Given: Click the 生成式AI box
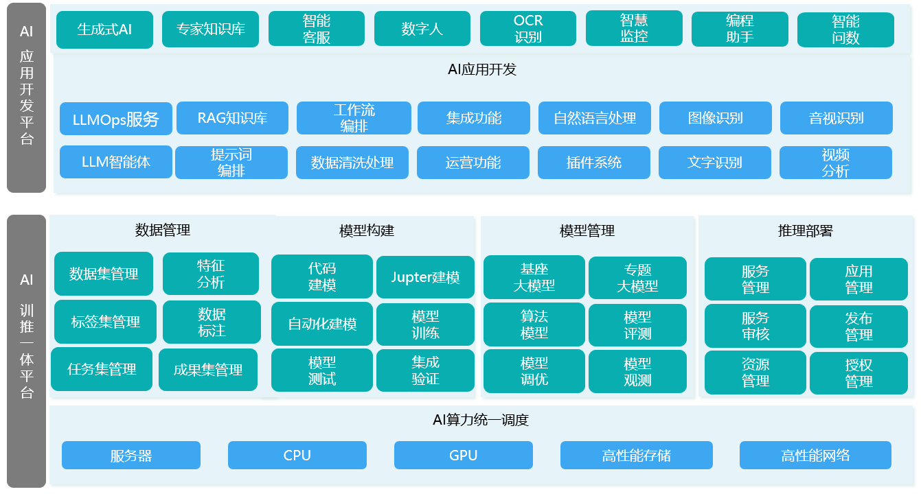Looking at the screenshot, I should tap(104, 29).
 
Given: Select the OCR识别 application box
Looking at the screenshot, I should tap(528, 29).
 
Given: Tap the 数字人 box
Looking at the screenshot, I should tap(422, 29).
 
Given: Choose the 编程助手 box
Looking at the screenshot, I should tap(740, 29).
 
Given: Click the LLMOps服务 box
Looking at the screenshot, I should tap(116, 119).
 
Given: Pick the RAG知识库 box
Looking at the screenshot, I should tap(232, 118).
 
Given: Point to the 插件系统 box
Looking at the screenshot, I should tap(593, 163).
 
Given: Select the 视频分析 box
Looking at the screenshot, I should tap(835, 163).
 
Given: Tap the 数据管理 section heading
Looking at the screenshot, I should tap(163, 230).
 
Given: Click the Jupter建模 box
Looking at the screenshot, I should tap(425, 277).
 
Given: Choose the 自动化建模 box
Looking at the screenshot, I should tap(322, 324).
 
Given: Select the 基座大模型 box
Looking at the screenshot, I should tap(534, 277).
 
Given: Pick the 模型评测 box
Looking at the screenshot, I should tap(637, 325).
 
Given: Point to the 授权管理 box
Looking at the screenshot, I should tap(859, 373).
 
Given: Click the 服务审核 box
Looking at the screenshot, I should tap(755, 326).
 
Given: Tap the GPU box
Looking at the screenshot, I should tap(464, 456).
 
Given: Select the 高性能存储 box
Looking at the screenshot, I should tap(637, 456).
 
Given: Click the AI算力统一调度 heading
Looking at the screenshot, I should tap(481, 420).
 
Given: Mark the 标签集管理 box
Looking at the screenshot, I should tap(105, 322).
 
